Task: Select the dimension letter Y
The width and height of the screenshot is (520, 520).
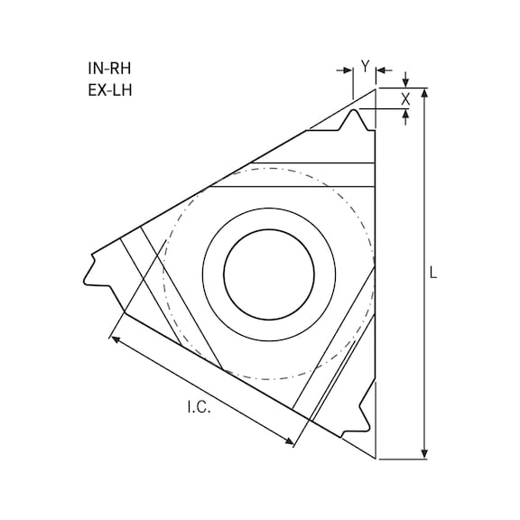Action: point(365,66)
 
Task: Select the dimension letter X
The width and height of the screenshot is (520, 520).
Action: point(405,98)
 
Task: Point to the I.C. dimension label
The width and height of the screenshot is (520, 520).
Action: point(199,408)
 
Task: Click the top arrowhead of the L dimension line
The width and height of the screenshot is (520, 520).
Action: point(424,93)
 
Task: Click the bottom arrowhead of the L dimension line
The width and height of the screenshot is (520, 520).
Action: point(424,454)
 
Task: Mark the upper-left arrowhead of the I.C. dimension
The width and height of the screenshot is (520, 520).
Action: point(115,339)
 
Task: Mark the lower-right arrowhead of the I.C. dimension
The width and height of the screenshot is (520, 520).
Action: point(292,442)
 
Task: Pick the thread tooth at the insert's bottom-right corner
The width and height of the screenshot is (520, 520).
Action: point(367,416)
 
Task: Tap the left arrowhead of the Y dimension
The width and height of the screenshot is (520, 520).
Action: point(348,69)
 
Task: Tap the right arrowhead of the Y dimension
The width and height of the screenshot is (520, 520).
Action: point(380,69)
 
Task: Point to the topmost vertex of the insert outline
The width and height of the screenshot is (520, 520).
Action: point(376,88)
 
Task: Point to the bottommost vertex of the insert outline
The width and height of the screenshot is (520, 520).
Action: point(376,460)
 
